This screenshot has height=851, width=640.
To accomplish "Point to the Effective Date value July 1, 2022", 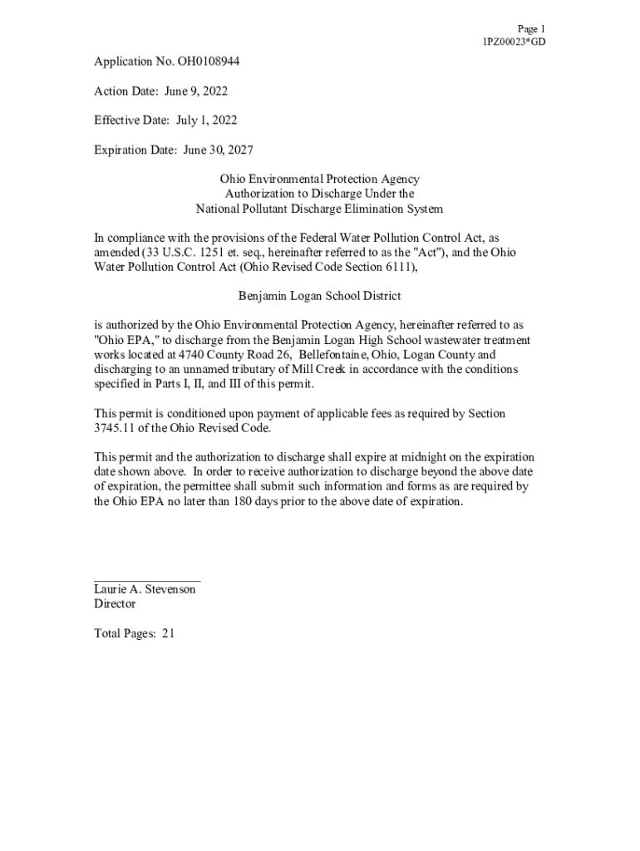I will click(206, 121).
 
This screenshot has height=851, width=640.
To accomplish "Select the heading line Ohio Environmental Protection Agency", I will click(319, 180).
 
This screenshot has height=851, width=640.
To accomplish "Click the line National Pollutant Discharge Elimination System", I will click(319, 209).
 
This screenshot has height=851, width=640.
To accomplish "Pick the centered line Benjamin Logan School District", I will click(319, 296).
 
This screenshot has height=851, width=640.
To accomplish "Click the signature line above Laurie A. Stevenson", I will click(147, 579).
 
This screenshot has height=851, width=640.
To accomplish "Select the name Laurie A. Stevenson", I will click(145, 589).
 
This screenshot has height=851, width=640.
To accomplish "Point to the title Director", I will click(115, 604).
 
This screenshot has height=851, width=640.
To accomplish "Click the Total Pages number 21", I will click(168, 633).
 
